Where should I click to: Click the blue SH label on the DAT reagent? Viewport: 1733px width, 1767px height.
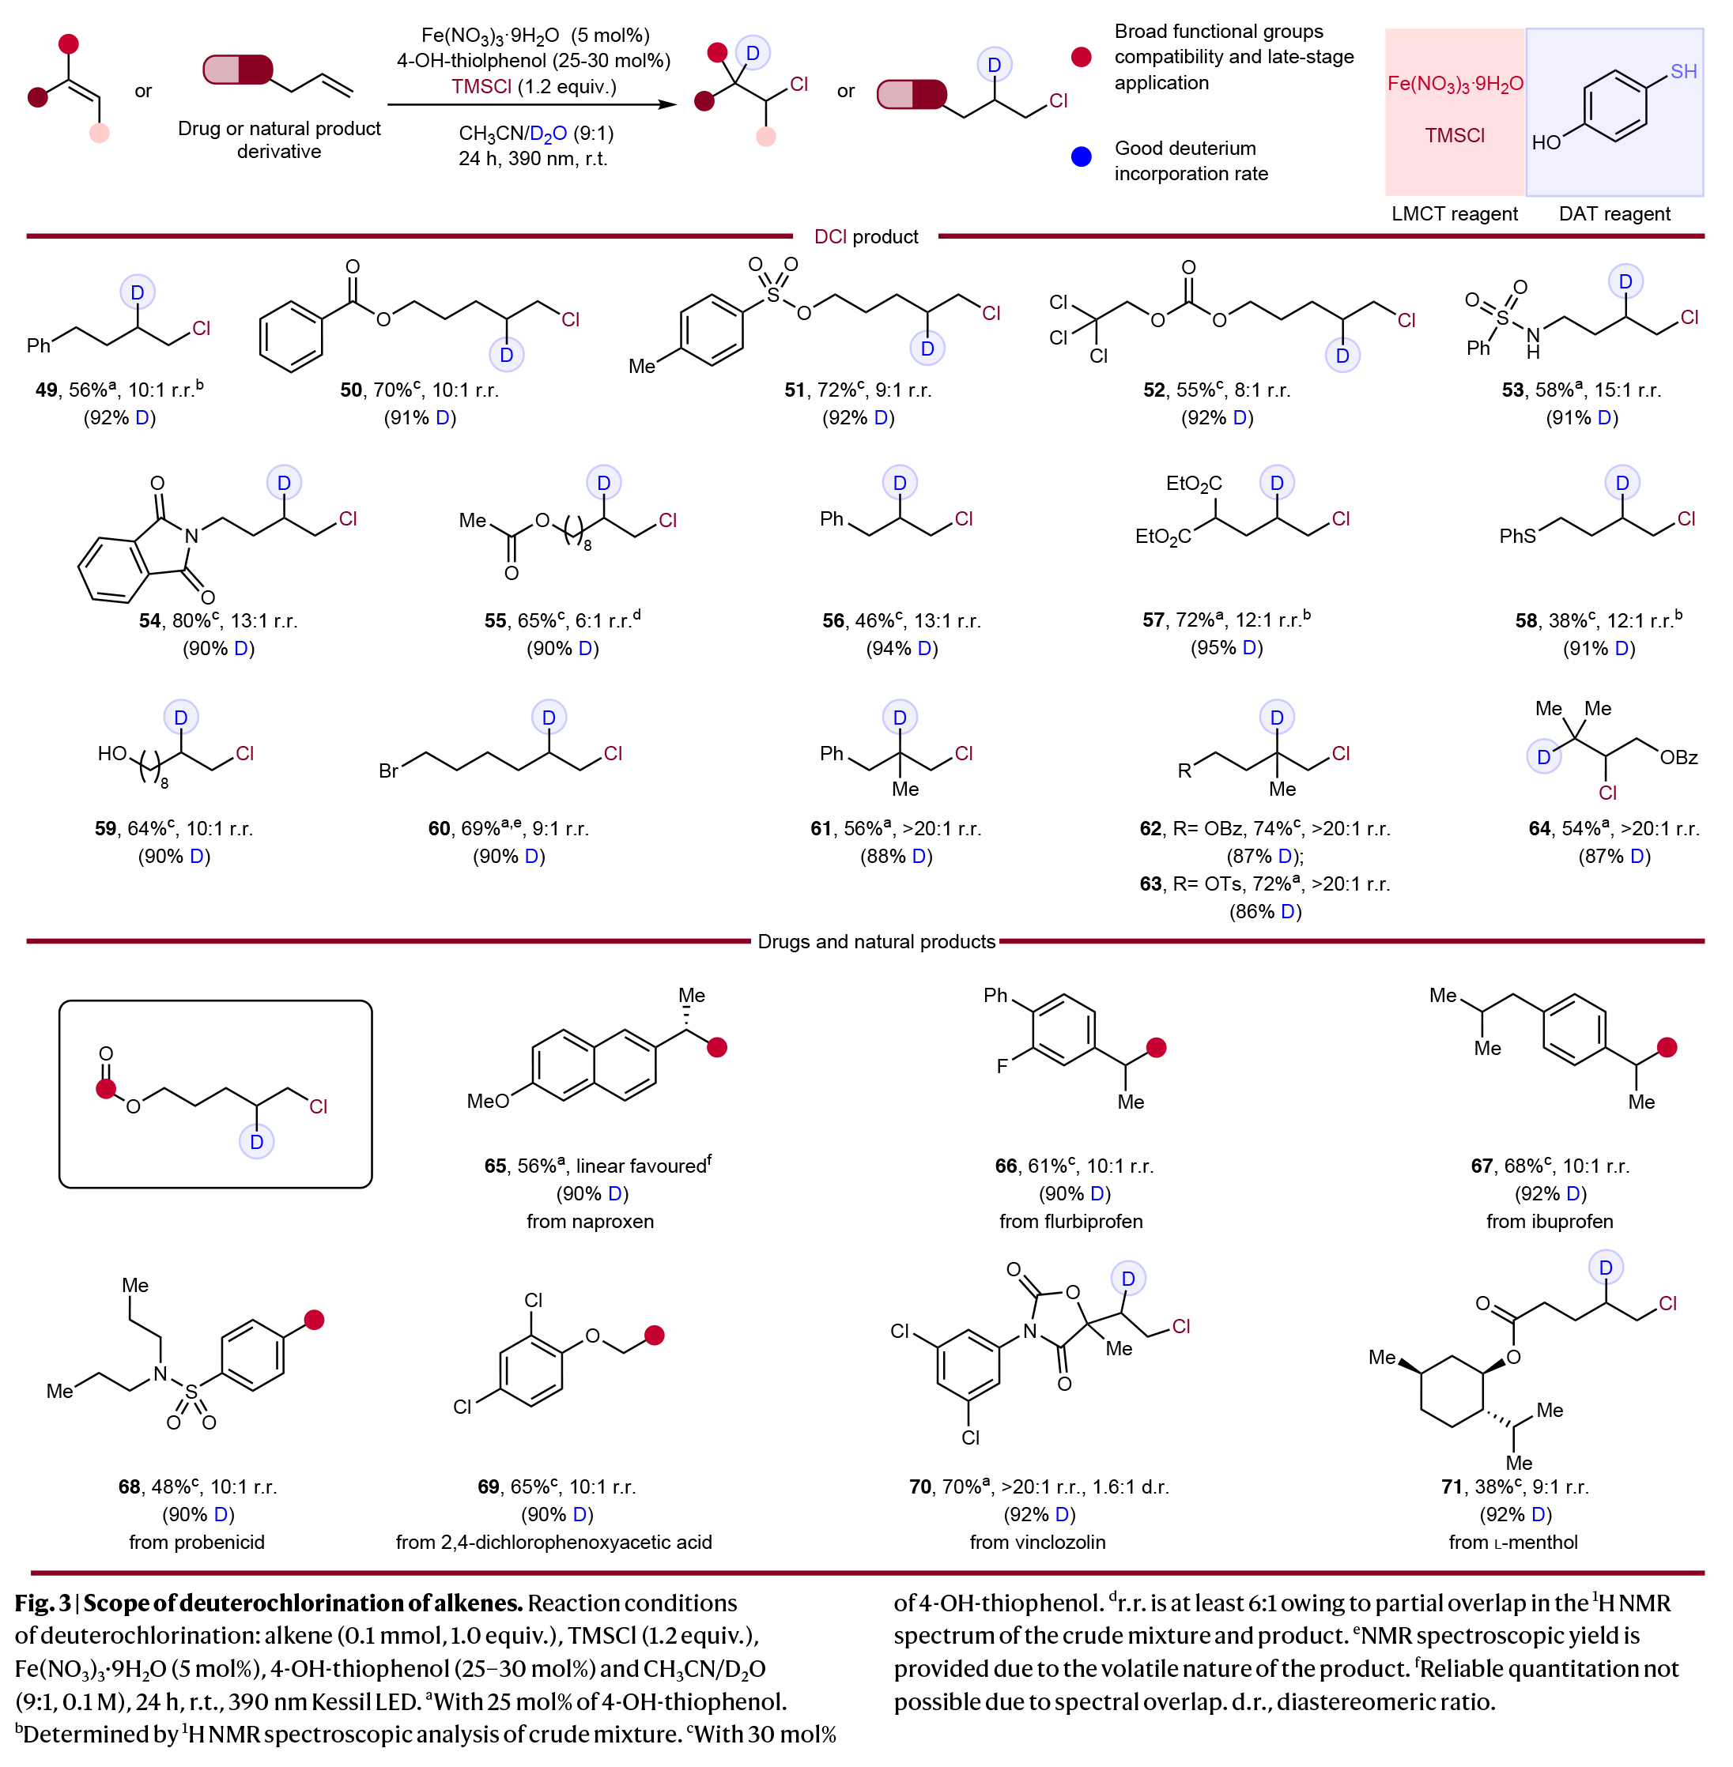tap(1683, 71)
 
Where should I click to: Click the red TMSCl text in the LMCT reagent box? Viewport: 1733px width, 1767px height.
tap(1454, 136)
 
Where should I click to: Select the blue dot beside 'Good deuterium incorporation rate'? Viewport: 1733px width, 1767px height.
tap(1082, 156)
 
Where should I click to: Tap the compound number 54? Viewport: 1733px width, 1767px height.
tap(149, 620)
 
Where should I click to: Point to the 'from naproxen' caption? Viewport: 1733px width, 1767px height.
tap(590, 1221)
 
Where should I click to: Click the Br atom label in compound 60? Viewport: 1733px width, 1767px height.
tap(387, 770)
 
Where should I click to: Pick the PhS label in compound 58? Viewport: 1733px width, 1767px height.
tap(1517, 536)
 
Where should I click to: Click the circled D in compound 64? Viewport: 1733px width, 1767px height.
tap(1544, 757)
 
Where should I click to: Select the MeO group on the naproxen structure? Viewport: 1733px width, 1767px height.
tap(488, 1101)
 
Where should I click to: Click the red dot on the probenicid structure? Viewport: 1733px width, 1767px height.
tap(314, 1321)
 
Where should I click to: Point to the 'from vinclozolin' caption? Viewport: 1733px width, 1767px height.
tap(1036, 1543)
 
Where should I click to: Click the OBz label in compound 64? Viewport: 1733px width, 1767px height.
tap(1678, 757)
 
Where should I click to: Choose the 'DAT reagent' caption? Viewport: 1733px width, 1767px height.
tap(1614, 214)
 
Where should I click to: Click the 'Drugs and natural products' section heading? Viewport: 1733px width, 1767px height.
tap(876, 942)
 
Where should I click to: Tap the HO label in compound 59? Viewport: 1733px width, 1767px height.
tap(112, 753)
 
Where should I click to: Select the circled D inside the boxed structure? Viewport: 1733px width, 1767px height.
tap(257, 1142)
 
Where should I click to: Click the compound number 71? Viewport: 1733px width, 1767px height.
tap(1451, 1486)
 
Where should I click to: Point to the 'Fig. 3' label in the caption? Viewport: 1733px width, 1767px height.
tap(43, 1603)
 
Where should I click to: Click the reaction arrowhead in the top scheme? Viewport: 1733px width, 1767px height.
tap(669, 104)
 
